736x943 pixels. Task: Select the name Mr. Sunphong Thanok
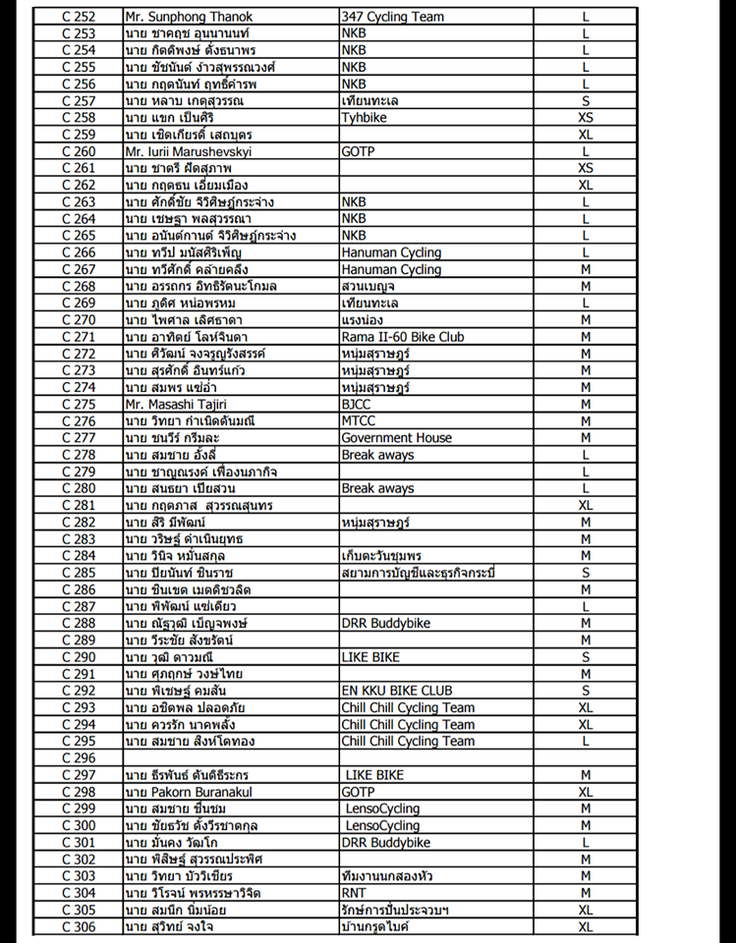point(189,17)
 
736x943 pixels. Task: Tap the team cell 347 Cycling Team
point(392,17)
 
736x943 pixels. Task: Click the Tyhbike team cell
point(364,118)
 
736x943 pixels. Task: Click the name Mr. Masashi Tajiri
point(176,404)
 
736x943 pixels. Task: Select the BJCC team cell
point(358,404)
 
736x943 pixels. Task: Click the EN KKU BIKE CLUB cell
point(397,691)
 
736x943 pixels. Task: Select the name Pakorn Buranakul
point(186,792)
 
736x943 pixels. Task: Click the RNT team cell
point(354,893)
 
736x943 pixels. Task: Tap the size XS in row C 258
point(586,118)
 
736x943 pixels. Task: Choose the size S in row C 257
point(586,101)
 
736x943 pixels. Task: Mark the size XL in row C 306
point(586,926)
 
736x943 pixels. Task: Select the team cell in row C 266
point(391,252)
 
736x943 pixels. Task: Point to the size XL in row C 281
point(586,505)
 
